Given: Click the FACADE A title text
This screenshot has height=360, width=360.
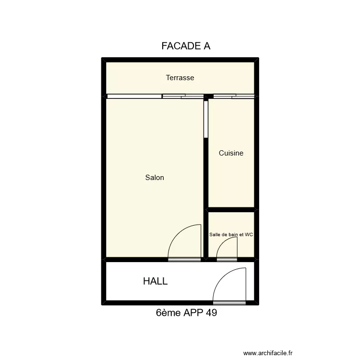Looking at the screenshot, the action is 186,46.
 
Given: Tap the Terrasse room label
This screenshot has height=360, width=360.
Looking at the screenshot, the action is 180,78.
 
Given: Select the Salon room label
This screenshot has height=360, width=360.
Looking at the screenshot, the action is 155,177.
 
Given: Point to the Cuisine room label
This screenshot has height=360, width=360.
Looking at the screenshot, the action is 231,153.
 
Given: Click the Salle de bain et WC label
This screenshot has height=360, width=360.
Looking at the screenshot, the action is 231,234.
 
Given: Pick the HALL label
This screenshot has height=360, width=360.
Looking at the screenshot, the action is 155,281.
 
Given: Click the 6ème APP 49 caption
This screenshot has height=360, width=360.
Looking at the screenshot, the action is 186,312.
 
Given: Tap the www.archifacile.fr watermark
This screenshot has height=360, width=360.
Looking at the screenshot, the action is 268,353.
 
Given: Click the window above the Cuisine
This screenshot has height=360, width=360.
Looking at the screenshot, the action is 234,96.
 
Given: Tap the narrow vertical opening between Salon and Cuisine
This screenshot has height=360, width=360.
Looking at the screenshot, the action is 206,120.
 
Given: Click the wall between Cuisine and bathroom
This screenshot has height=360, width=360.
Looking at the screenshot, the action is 231,210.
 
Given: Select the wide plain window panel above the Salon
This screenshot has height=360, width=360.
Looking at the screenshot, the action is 134,96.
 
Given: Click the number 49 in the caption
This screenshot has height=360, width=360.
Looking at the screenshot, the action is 211,312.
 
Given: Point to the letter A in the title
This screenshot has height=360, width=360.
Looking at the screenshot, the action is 207,46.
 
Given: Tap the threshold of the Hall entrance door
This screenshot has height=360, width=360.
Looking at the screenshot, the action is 229,303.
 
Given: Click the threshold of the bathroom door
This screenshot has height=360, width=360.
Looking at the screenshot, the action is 227,260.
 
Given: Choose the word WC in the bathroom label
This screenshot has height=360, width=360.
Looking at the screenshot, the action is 249,234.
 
